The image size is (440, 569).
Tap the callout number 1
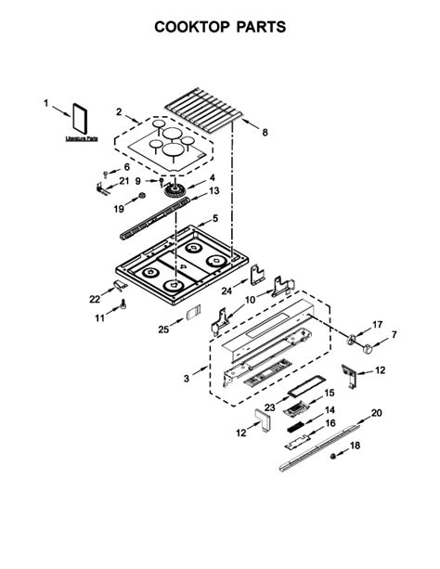(x=45, y=105)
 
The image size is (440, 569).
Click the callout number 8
(x=265, y=133)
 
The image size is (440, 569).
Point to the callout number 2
(x=119, y=112)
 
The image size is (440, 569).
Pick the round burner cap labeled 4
(x=172, y=192)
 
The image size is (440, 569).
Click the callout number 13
(x=214, y=191)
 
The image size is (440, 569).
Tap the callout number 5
(x=214, y=219)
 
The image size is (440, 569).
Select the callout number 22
(x=94, y=299)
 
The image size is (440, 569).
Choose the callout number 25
(x=163, y=330)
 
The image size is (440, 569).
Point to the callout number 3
(x=188, y=379)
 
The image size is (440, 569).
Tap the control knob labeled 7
(x=368, y=348)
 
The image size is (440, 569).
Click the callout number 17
(x=377, y=324)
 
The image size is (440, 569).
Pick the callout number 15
(x=329, y=394)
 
